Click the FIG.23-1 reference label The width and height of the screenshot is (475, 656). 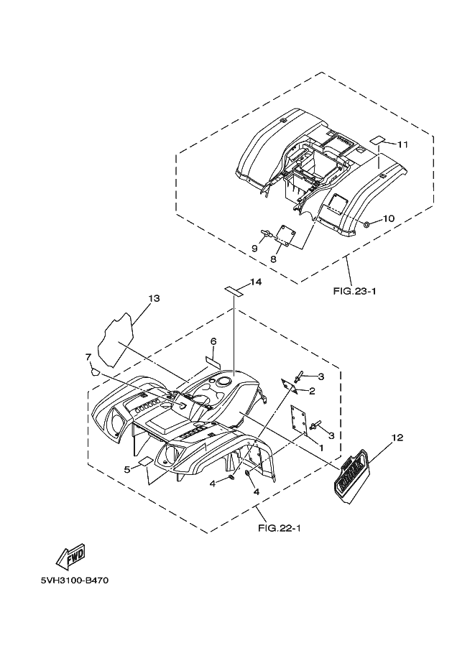click(x=355, y=292)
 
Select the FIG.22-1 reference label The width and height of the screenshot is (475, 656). click(x=278, y=529)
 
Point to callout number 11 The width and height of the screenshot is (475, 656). click(x=402, y=144)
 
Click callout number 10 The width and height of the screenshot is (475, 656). click(x=388, y=218)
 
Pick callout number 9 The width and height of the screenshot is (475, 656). click(x=254, y=248)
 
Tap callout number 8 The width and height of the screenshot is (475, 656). click(x=274, y=258)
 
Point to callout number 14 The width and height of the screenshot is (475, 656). click(x=256, y=282)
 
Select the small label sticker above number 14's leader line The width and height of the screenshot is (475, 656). click(x=232, y=290)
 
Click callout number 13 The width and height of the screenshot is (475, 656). click(x=154, y=298)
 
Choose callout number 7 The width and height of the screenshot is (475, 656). click(x=88, y=356)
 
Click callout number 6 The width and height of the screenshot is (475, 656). click(x=213, y=341)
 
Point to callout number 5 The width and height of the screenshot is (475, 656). click(x=126, y=470)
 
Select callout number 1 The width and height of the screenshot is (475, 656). click(x=320, y=448)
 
